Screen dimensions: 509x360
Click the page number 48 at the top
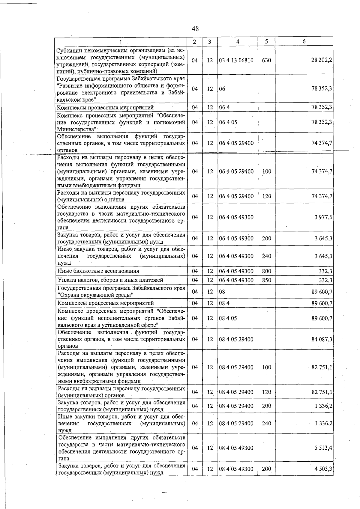click(195, 29)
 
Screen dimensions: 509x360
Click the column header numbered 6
click(304, 41)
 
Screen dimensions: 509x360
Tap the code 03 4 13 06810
click(236, 60)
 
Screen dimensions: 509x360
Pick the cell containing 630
click(266, 60)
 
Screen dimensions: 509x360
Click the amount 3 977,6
click(323, 217)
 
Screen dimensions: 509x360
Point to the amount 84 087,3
click(322, 339)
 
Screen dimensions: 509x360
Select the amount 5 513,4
click(323, 448)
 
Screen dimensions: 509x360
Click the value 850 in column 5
click(266, 280)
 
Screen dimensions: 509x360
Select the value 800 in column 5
click(266, 271)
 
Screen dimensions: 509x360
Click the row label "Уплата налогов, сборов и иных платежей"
click(110, 280)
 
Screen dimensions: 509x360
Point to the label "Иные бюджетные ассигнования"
click(98, 271)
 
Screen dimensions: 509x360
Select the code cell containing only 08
click(222, 292)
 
